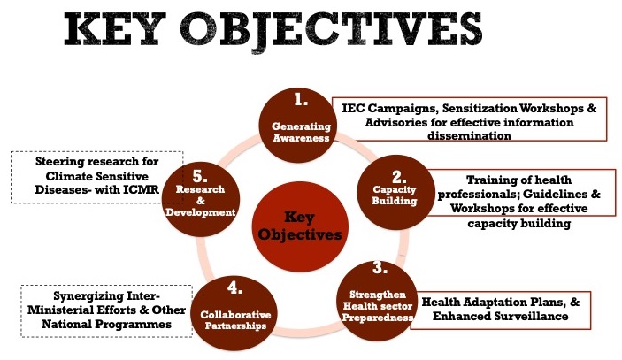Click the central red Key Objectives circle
coord(301,226)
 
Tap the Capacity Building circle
coord(395,192)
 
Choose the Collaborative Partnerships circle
coord(234,313)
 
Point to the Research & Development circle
coord(201,199)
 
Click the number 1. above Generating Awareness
coord(301,100)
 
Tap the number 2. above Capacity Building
coord(399,177)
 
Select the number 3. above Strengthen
coord(380,268)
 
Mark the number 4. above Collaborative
coord(234,287)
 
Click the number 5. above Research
coord(200,176)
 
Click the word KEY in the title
coord(115,30)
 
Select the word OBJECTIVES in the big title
coord(331,31)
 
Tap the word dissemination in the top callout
coord(469,135)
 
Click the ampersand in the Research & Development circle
coord(201,201)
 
